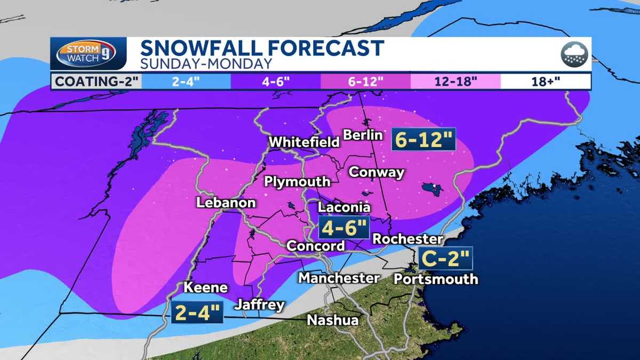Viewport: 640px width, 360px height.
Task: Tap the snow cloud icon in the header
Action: tap(574, 54)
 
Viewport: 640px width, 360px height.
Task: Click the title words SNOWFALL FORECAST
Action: tap(262, 49)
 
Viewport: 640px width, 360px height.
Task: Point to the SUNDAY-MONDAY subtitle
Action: tap(206, 64)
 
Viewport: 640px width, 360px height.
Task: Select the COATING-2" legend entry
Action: tap(95, 82)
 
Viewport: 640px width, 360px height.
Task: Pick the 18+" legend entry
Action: tap(545, 82)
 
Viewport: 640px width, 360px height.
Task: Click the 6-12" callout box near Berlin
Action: tap(423, 140)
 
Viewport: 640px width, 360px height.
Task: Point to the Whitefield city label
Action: tap(304, 142)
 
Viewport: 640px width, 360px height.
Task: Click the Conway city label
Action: tap(376, 172)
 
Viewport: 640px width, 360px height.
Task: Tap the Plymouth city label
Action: tap(298, 182)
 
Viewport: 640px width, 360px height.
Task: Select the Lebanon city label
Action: tap(226, 203)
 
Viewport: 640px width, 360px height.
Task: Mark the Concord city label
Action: tap(316, 246)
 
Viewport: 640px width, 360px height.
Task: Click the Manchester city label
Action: tap(339, 278)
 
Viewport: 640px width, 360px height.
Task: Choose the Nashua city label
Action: tap(333, 320)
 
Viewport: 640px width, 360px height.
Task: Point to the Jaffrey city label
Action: tap(259, 305)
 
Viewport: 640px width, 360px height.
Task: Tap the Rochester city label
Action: tap(407, 238)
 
